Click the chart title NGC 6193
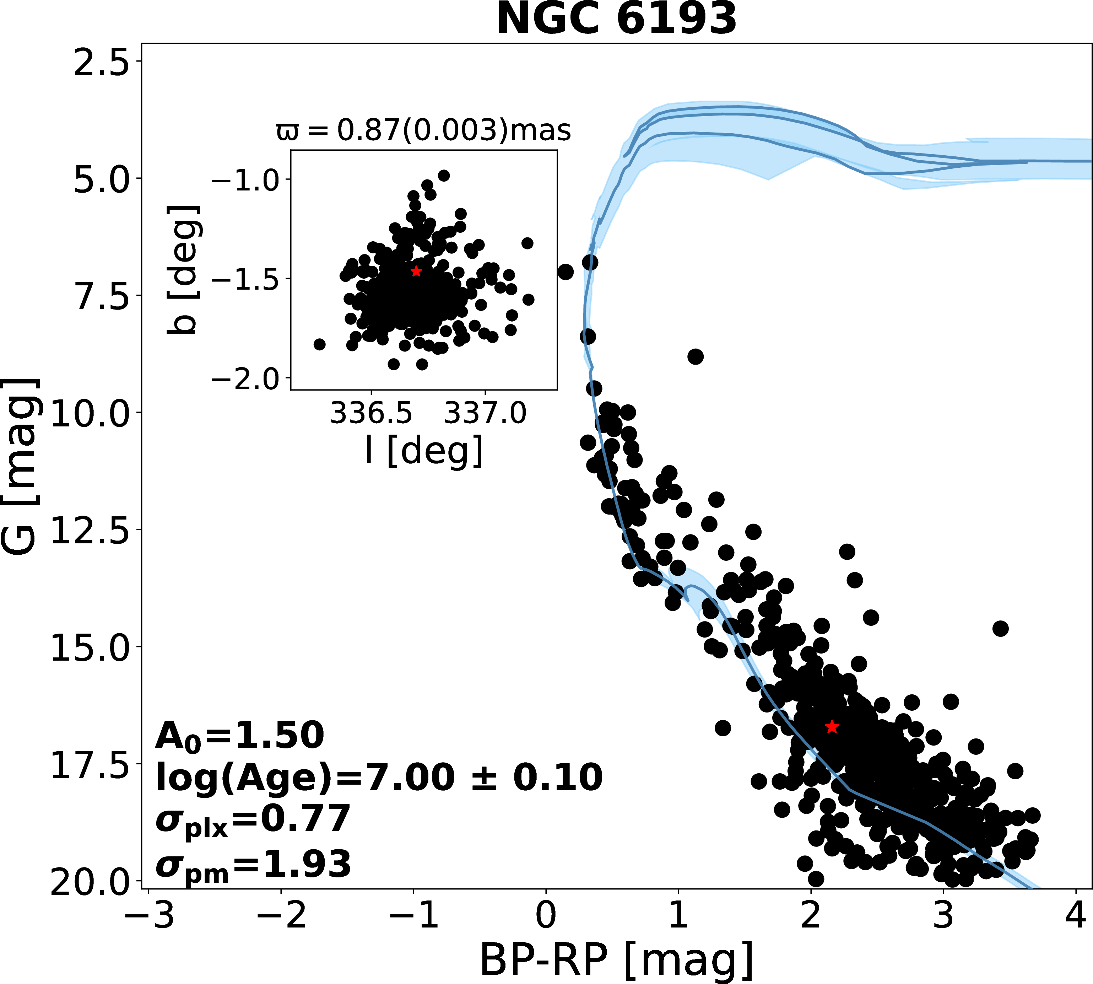616,20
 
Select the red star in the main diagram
832,727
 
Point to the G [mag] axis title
21,466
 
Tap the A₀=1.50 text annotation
239,736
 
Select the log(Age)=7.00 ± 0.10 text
378,778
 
